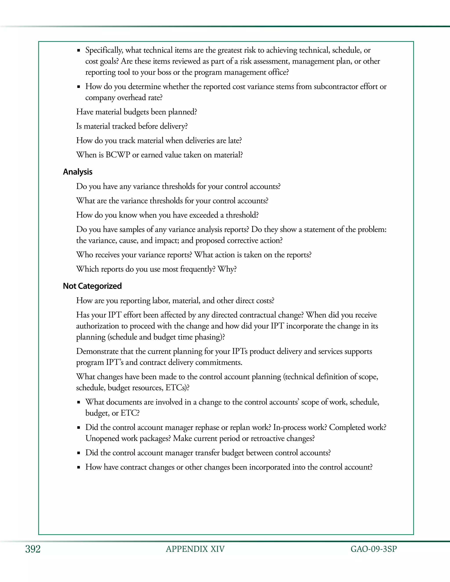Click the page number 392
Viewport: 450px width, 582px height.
pyautogui.click(x=33, y=549)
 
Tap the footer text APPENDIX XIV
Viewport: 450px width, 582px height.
pyautogui.click(x=195, y=549)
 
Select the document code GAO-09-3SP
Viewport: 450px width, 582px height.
pyautogui.click(x=374, y=549)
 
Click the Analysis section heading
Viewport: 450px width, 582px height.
pyautogui.click(x=78, y=172)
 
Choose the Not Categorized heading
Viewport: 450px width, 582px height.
pyautogui.click(x=92, y=286)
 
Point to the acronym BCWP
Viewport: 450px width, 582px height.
pyautogui.click(x=118, y=155)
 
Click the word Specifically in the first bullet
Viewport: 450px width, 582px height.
pyautogui.click(x=104, y=50)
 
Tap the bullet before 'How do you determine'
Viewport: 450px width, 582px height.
pyautogui.click(x=78, y=87)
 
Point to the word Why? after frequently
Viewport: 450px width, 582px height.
pyautogui.click(x=227, y=269)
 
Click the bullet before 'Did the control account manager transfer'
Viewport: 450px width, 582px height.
pyautogui.click(x=78, y=453)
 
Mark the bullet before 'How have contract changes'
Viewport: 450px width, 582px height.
pyautogui.click(x=78, y=467)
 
